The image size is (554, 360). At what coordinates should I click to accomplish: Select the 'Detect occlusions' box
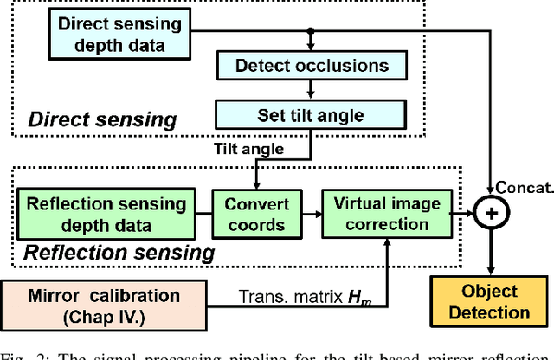(x=312, y=65)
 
